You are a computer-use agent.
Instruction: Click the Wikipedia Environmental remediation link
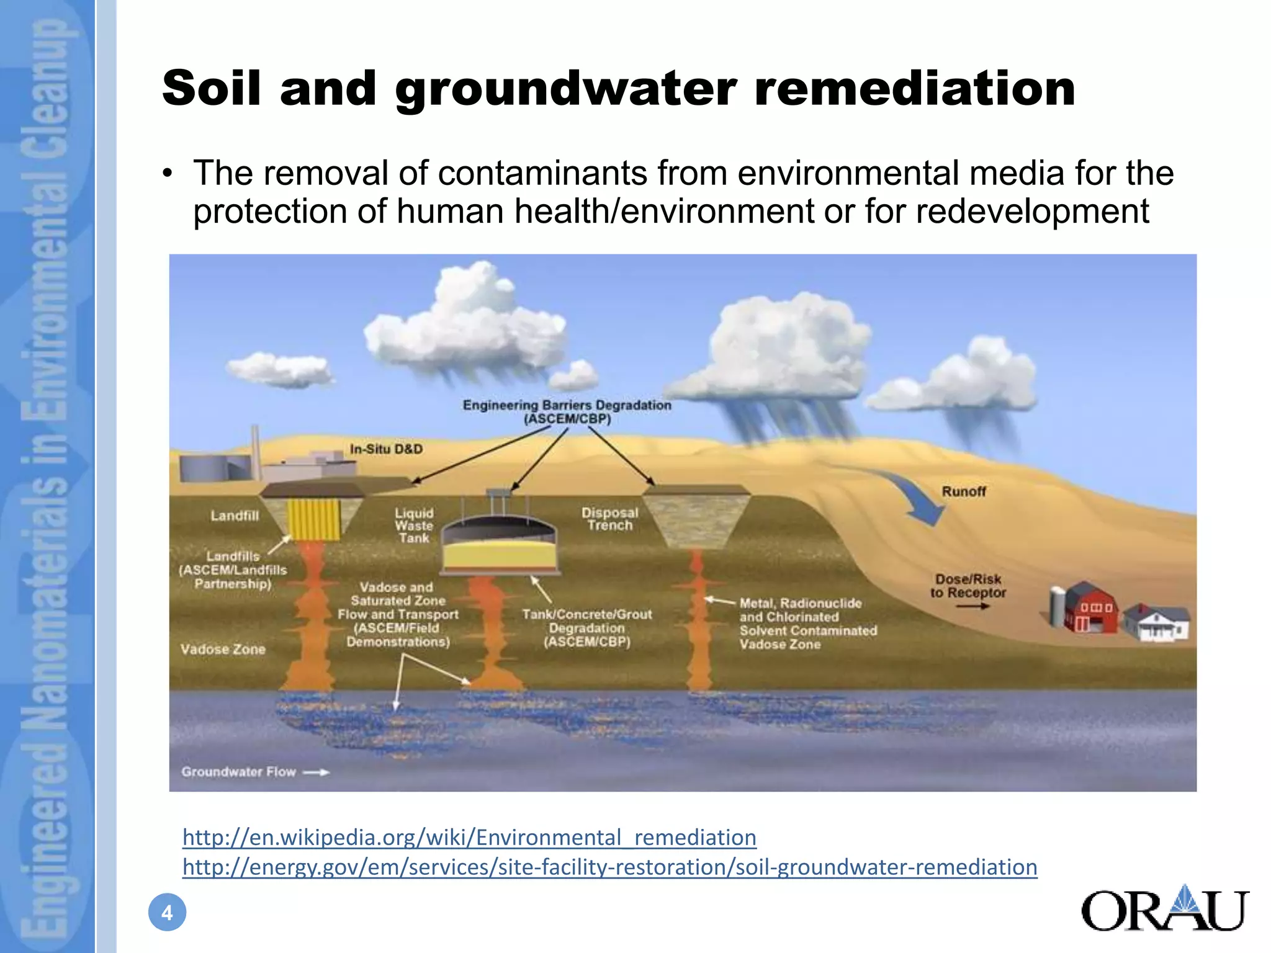click(469, 837)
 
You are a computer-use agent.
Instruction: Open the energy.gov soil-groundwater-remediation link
click(609, 867)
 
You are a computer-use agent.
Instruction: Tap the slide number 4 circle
click(167, 913)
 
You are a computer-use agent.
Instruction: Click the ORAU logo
click(1164, 909)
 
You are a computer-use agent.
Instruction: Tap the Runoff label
click(963, 491)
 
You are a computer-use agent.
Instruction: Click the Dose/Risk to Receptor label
click(968, 586)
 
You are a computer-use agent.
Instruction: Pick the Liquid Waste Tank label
click(414, 526)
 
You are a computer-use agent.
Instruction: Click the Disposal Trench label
click(609, 519)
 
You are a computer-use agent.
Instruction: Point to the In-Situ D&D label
click(386, 449)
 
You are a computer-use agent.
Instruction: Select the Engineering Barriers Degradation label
click(567, 412)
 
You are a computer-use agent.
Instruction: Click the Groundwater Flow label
click(239, 772)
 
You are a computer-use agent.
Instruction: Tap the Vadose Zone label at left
click(223, 649)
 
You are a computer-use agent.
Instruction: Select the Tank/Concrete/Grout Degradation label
click(587, 628)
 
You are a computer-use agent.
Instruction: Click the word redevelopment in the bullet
click(1032, 212)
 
